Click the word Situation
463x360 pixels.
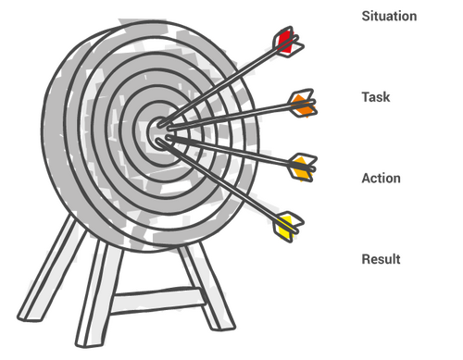[x=389, y=16]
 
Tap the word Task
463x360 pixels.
[x=376, y=97]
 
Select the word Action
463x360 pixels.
[x=381, y=178]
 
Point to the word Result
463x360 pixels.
[x=381, y=259]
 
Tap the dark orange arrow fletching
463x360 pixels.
[x=303, y=104]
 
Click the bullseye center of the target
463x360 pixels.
[x=160, y=133]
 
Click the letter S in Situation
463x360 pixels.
[x=366, y=16]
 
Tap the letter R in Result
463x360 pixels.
[x=367, y=259]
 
